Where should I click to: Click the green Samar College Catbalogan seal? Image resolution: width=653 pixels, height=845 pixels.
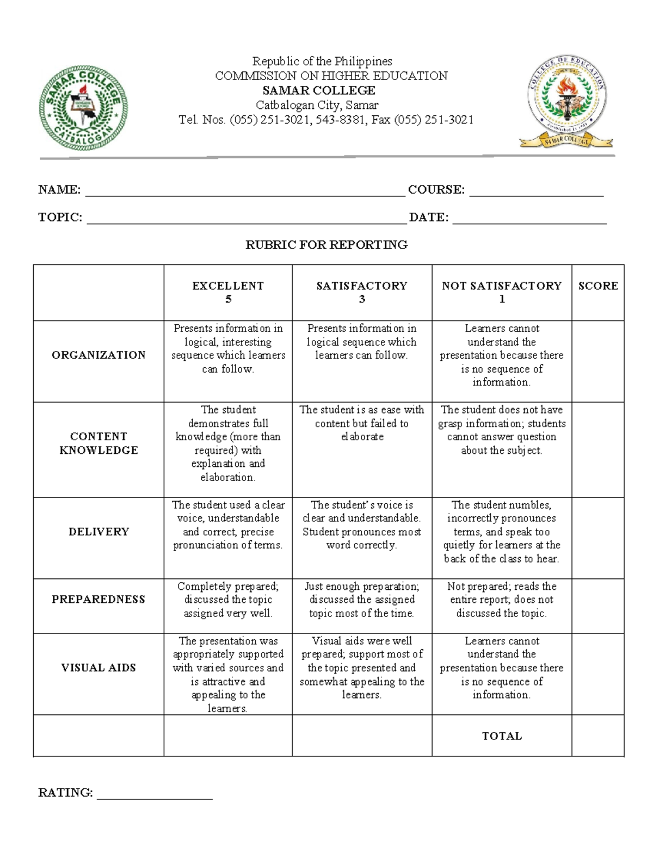[x=83, y=108]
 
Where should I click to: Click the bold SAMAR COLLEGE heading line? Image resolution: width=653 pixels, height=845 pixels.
[x=319, y=90]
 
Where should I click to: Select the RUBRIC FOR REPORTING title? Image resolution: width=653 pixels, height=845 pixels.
[x=326, y=245]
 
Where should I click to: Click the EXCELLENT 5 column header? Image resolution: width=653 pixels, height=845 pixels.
[x=228, y=292]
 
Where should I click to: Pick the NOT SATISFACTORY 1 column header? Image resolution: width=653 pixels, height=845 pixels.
[x=502, y=292]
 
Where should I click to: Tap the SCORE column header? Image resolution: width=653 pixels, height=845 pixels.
[x=598, y=286]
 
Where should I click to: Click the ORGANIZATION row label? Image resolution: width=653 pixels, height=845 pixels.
[x=98, y=355]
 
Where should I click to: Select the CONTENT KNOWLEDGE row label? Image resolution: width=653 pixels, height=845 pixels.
[x=98, y=443]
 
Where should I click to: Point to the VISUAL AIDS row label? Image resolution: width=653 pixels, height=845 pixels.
[x=98, y=668]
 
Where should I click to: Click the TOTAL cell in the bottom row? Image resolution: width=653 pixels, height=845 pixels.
[x=502, y=736]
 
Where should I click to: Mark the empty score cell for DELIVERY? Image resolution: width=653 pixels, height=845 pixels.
[x=597, y=538]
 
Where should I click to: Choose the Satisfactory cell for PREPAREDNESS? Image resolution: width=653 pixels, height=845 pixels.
[x=362, y=600]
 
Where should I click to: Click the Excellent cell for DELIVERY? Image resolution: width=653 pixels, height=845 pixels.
[x=228, y=525]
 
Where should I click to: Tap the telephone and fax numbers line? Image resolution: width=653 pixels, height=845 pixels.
[x=326, y=120]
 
